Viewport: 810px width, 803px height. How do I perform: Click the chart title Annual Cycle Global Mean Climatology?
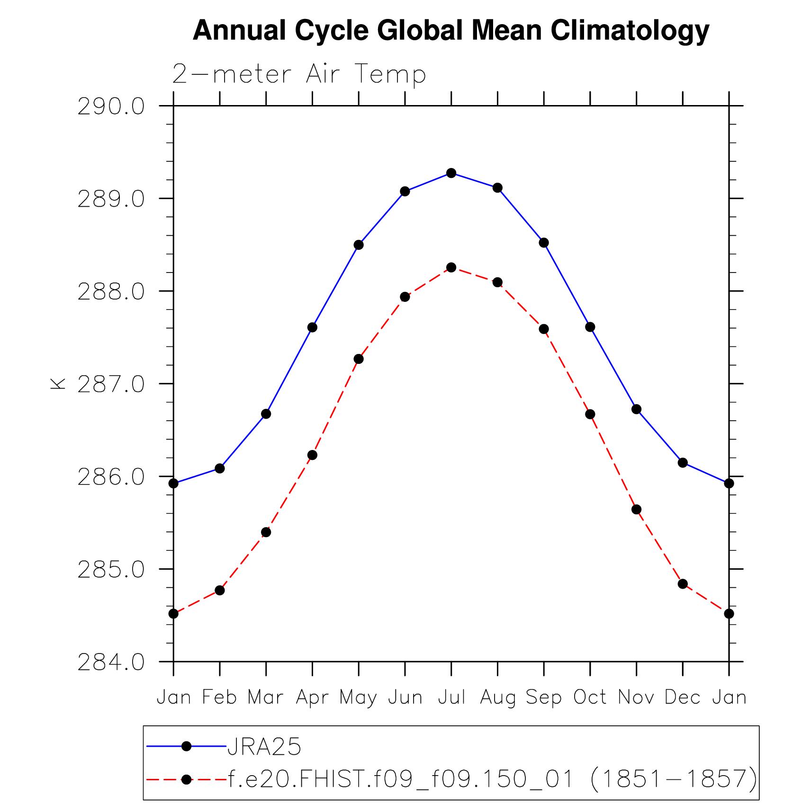[x=450, y=31]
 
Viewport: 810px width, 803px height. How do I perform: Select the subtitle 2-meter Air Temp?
[x=299, y=74]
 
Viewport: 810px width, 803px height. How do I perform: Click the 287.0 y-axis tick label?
[x=111, y=385]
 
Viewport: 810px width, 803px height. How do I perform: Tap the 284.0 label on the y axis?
[x=111, y=662]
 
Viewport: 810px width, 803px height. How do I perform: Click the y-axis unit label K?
[x=58, y=384]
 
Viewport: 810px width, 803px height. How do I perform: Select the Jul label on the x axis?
[x=451, y=697]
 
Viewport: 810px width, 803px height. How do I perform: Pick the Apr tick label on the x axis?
[x=312, y=697]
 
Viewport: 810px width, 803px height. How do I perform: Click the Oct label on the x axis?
[x=590, y=697]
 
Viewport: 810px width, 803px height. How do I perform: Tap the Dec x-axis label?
[x=682, y=697]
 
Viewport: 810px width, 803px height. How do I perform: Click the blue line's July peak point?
[x=451, y=173]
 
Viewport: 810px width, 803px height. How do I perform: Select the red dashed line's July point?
[x=451, y=268]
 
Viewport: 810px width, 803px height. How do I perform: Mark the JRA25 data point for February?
[x=220, y=468]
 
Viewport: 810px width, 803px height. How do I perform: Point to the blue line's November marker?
[x=637, y=409]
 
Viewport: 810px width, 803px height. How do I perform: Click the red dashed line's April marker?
[x=312, y=455]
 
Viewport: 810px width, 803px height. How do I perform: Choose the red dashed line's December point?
[x=683, y=584]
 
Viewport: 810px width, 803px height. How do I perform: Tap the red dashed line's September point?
[x=544, y=329]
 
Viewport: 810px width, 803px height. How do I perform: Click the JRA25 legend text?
[x=264, y=747]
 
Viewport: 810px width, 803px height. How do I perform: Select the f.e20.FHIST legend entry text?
[x=493, y=778]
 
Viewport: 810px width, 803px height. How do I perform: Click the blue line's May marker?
[x=359, y=245]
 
